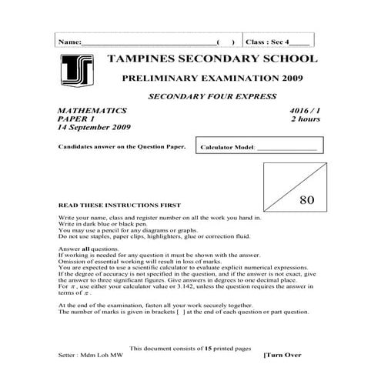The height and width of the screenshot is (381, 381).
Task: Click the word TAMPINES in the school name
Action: (x=139, y=58)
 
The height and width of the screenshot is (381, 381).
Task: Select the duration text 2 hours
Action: (x=303, y=120)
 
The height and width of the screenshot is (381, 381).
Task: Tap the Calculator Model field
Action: (x=258, y=146)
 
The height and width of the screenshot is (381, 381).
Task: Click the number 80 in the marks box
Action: (x=307, y=199)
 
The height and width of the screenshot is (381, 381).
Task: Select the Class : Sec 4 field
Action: (x=278, y=41)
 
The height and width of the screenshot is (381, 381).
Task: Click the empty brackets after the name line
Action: (x=226, y=41)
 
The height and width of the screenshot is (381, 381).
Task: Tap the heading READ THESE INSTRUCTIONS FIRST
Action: (x=119, y=206)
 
